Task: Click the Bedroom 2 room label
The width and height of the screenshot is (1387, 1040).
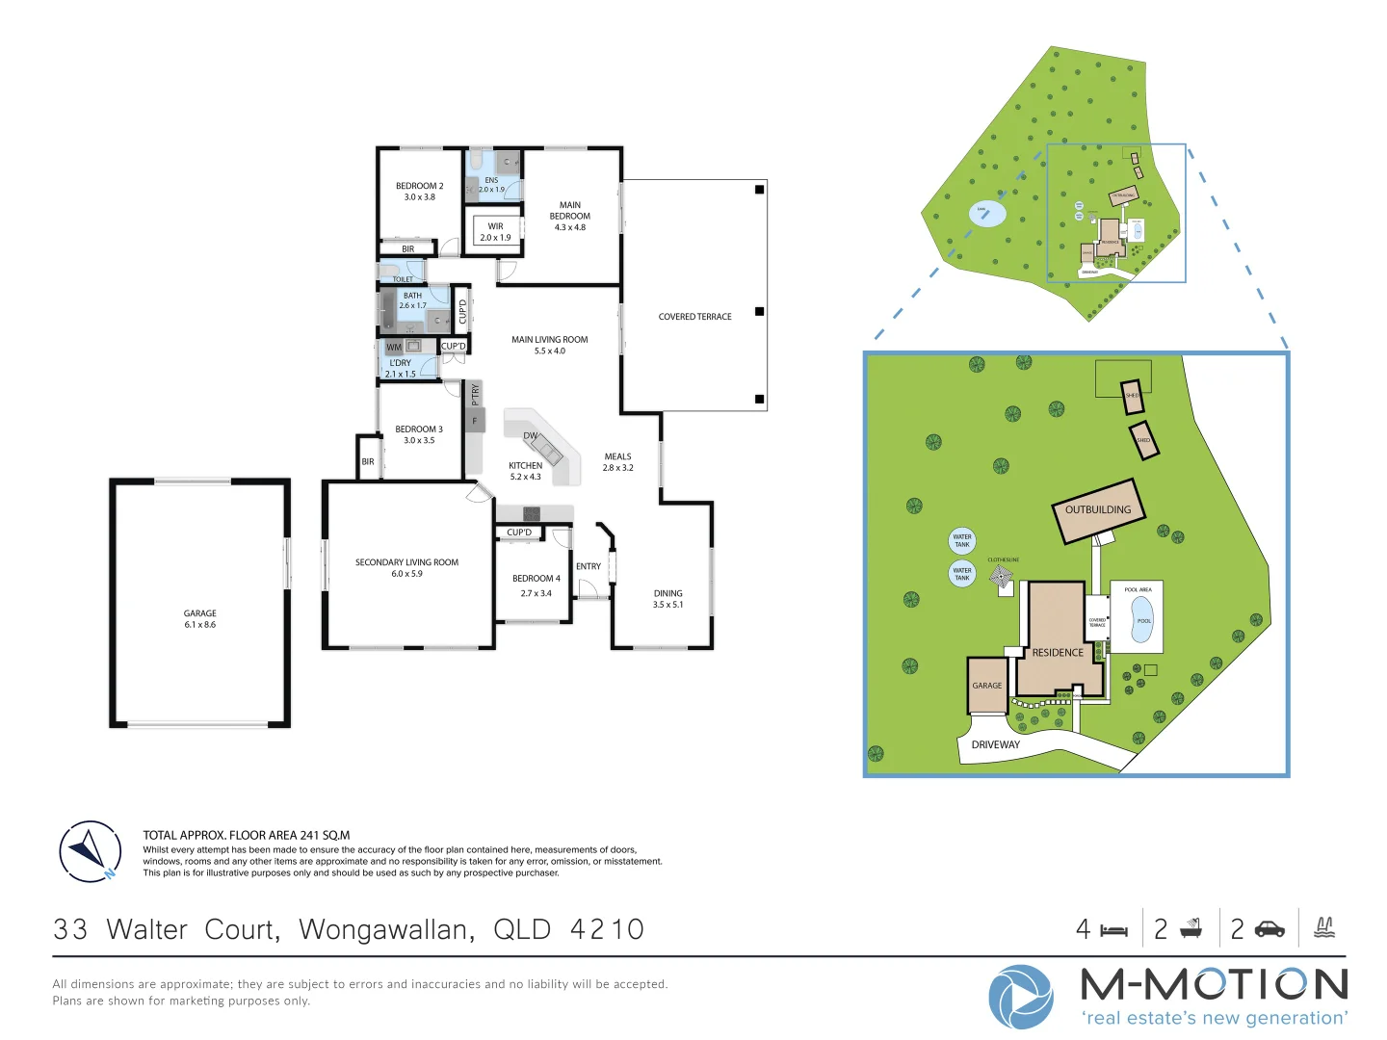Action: tap(419, 191)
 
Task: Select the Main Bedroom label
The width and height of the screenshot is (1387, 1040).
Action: tap(569, 216)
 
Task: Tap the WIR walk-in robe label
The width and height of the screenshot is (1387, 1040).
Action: tap(495, 232)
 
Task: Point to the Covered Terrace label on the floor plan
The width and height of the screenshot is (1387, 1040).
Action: tap(694, 317)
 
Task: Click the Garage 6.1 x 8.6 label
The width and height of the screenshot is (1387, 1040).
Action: tap(200, 618)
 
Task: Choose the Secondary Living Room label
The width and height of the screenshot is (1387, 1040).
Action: tap(406, 567)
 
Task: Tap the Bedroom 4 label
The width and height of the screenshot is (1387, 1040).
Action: tap(536, 585)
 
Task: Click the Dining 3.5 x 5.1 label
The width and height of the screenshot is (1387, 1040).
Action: tap(667, 599)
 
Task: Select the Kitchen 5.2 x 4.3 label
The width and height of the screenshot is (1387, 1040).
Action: tap(525, 471)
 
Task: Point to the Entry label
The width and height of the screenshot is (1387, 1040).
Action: tap(588, 566)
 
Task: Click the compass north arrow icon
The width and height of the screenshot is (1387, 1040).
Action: tap(91, 851)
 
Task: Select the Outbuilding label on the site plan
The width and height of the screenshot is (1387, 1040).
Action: tap(1098, 509)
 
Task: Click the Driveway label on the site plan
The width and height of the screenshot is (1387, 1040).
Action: tap(995, 744)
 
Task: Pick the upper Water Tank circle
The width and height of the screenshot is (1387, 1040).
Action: tap(962, 540)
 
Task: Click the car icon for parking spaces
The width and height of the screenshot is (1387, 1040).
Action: tap(1269, 928)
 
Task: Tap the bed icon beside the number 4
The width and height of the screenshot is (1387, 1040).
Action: tap(1113, 930)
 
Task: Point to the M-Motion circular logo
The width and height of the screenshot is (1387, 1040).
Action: tap(1020, 997)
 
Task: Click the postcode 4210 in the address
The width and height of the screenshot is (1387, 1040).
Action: tap(607, 929)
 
